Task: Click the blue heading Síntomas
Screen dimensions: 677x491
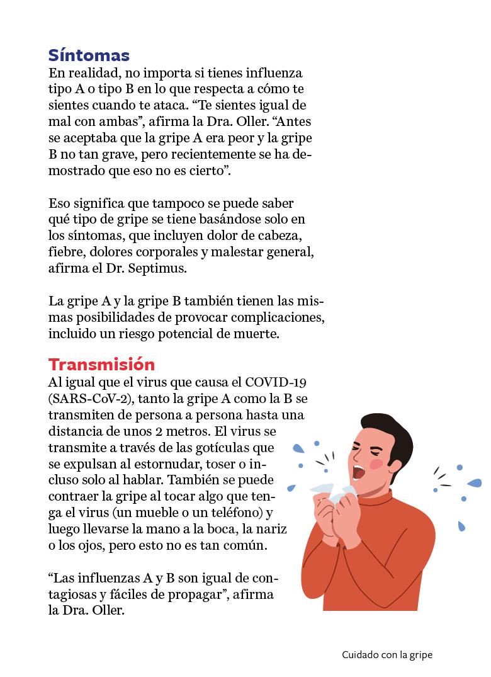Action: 89,55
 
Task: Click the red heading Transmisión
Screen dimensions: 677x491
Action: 101,365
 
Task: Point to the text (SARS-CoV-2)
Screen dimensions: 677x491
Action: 92,399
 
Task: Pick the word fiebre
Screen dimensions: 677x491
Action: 65,252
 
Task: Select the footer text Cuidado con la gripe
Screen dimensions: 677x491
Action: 387,655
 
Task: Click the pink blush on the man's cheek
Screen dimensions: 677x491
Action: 376,464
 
